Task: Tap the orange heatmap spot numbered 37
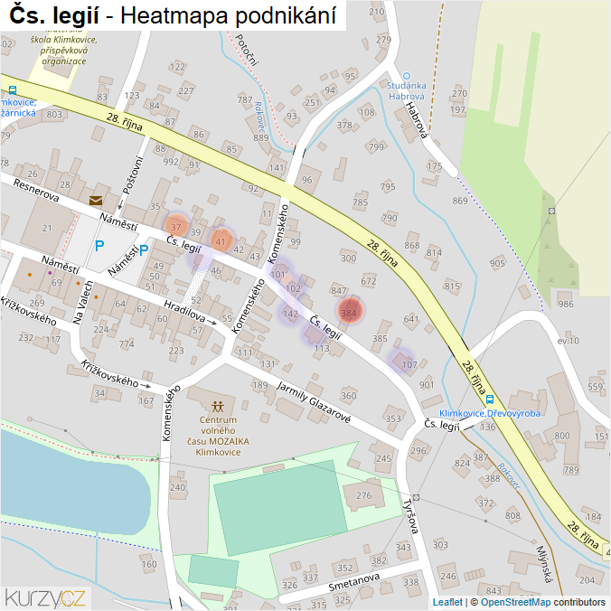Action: [x=176, y=226]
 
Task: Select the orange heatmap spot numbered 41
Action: [x=221, y=240]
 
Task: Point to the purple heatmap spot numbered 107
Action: [x=409, y=364]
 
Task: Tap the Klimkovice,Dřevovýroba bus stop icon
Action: [x=489, y=399]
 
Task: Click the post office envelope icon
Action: [x=96, y=201]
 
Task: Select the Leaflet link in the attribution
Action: [x=446, y=602]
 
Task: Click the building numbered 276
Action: [x=364, y=495]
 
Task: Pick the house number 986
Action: [x=566, y=305]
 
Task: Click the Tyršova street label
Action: [x=411, y=514]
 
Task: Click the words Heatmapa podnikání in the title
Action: [x=227, y=15]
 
